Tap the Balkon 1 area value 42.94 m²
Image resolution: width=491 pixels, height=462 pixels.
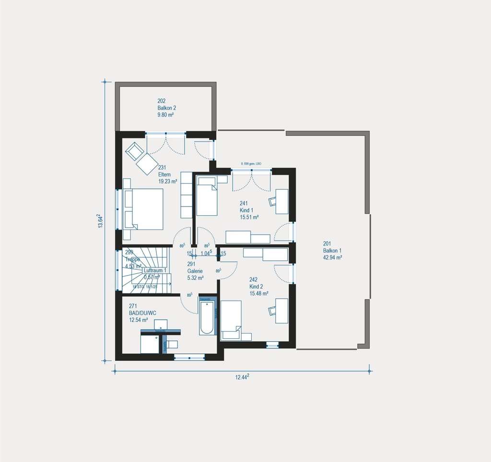coord(332,257)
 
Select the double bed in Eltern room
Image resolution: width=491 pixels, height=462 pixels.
coord(143,209)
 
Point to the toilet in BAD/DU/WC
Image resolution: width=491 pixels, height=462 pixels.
coord(172,344)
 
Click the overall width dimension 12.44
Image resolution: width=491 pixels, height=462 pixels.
coord(242,377)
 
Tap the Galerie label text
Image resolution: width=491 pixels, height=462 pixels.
coord(195,270)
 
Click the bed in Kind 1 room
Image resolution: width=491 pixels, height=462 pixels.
coord(207,196)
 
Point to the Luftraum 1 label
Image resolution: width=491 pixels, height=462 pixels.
coord(155,270)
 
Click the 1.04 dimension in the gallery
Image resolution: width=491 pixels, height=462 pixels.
coord(207,253)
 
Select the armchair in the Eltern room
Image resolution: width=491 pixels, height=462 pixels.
coord(134,151)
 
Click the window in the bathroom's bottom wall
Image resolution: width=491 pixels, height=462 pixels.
coord(189,356)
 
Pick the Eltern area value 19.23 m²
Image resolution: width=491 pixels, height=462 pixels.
coord(168,182)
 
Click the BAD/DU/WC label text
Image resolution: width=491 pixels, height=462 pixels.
coord(142,312)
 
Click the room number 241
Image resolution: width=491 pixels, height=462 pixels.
coord(244,203)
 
